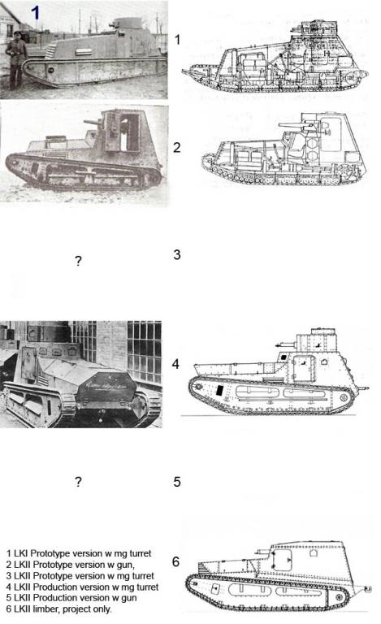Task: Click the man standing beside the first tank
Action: [x=16, y=59]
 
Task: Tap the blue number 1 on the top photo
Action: [x=36, y=13]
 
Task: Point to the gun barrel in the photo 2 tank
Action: [x=93, y=122]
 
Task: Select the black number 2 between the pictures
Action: [x=177, y=148]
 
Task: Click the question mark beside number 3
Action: [x=78, y=261]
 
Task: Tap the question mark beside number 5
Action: [x=78, y=482]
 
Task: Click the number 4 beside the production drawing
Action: [x=175, y=364]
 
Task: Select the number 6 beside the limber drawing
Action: [x=175, y=561]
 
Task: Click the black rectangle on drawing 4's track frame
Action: [x=219, y=390]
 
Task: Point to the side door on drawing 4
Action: [x=304, y=368]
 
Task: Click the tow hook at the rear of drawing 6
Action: [x=370, y=588]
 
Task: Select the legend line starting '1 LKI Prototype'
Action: [x=79, y=553]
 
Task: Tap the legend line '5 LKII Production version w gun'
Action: [x=71, y=598]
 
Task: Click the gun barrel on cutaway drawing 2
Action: [x=291, y=125]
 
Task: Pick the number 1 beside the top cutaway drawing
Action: [x=177, y=40]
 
